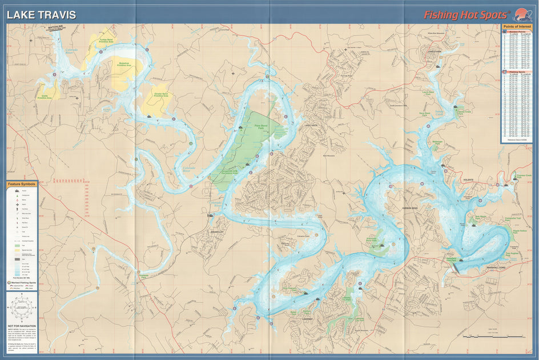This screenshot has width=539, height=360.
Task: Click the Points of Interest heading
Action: point(517,27)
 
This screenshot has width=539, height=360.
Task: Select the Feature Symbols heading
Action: point(22,184)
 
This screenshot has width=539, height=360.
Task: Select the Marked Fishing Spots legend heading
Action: point(23,282)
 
